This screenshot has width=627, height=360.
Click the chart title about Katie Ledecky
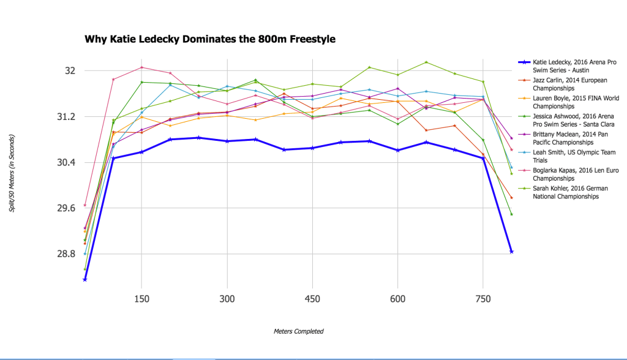coord(210,39)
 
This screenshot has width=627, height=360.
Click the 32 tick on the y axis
coord(70,70)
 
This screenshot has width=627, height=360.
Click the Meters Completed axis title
coord(298,331)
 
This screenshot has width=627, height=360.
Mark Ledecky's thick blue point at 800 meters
coord(511,252)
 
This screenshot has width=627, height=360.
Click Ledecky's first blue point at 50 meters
coord(84,279)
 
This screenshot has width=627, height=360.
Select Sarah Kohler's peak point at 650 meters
coord(426,62)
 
